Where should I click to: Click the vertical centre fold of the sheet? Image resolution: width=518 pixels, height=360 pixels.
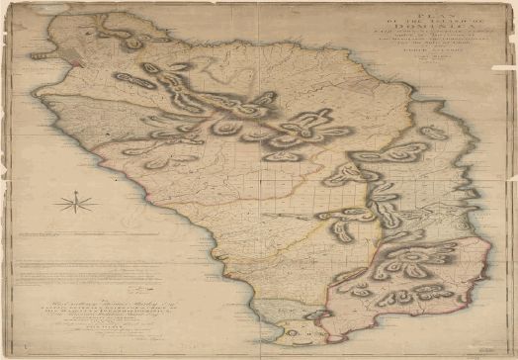259,178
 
